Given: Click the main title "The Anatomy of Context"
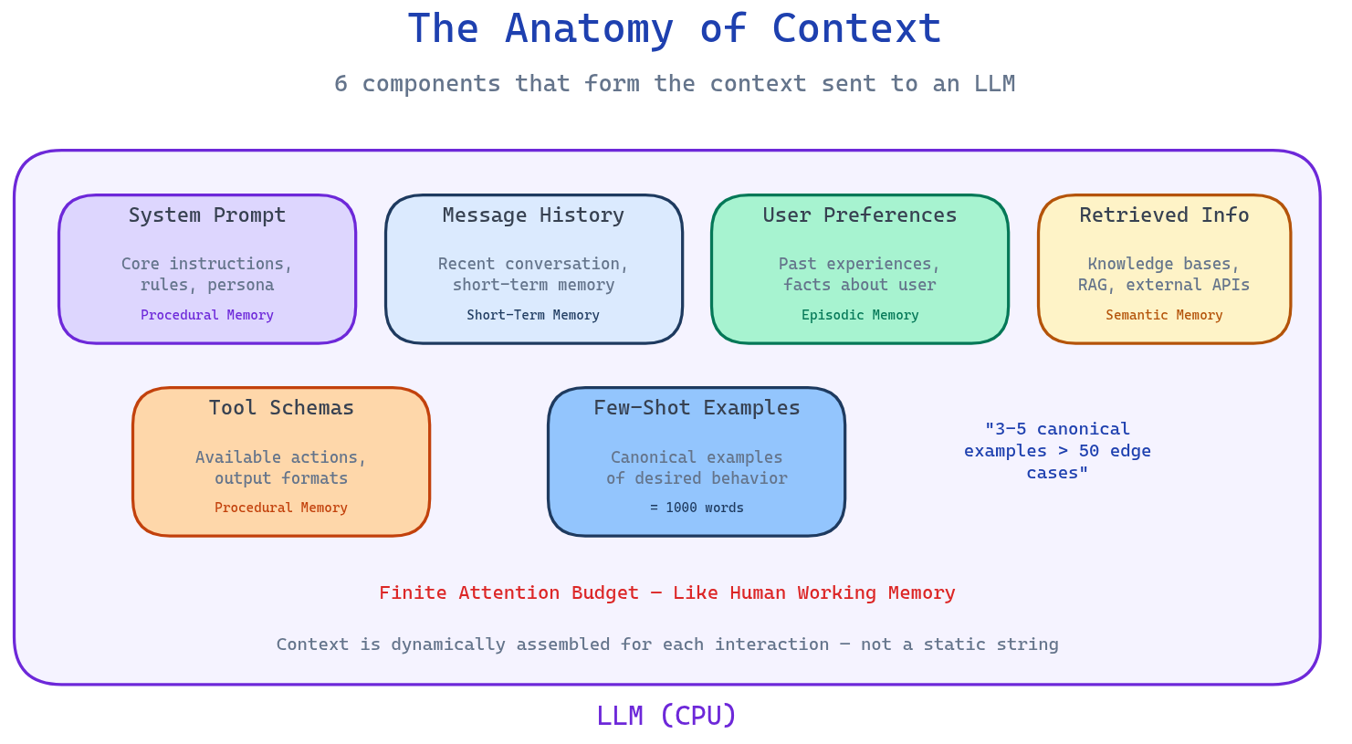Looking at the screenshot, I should coord(674,29).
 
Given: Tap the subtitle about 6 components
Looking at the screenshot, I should coord(674,84).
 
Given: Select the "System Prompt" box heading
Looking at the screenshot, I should coord(207,215).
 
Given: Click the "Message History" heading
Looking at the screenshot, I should coord(533,215).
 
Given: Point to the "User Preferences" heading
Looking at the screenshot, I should coord(860,215).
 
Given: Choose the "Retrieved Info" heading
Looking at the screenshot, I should coord(1164,215).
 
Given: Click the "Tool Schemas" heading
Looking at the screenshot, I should coord(281,408).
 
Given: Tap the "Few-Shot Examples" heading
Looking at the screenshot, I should coord(697,408).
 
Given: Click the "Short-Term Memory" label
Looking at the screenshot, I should coord(533,315).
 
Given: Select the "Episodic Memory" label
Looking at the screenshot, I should coord(860,315).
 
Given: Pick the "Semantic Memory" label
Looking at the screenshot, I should coord(1164,315).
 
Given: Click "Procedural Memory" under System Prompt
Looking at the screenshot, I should coord(207,315).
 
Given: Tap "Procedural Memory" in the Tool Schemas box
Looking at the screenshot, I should coord(281,508).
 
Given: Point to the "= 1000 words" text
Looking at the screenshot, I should coord(697,508).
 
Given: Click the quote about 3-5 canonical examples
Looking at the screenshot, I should coord(1057,451).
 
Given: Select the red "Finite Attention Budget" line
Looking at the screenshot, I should coord(667,593).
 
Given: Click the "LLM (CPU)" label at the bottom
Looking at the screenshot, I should coord(666,716).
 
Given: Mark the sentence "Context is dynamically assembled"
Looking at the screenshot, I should coord(667,644).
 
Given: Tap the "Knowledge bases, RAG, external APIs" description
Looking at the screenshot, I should coord(1164,274).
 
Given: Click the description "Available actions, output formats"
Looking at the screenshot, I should coord(281,467).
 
